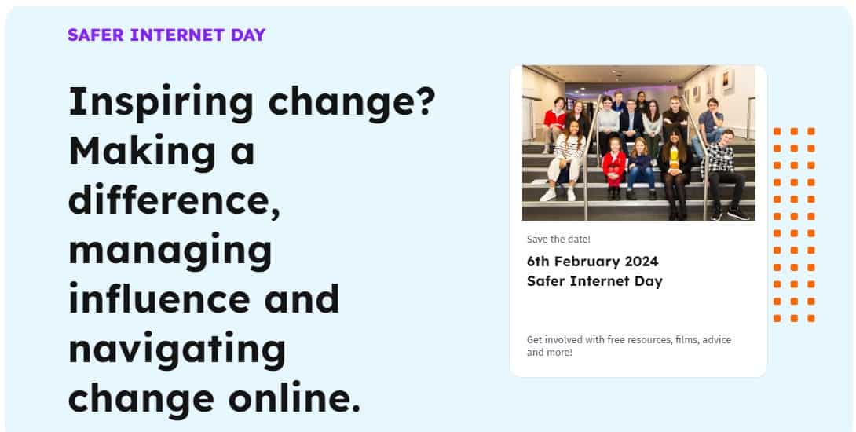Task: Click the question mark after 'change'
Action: click(x=424, y=101)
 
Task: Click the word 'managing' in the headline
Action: click(x=170, y=252)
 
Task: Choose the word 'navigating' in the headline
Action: click(x=177, y=350)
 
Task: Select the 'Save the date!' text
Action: click(x=558, y=240)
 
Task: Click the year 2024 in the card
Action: click(x=642, y=262)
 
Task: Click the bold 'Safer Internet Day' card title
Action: click(x=594, y=282)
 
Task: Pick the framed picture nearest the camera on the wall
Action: click(x=727, y=81)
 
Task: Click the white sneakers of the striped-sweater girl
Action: click(x=558, y=195)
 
